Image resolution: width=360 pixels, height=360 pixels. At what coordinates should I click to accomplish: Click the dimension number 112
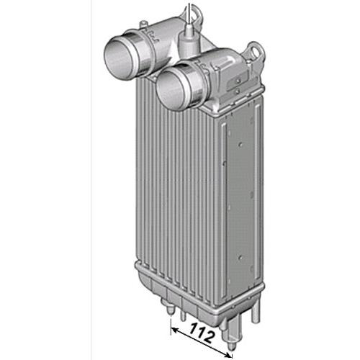pyautogui.click(x=202, y=333)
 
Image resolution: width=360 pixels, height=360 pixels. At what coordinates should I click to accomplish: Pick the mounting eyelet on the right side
pyautogui.click(x=256, y=52)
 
